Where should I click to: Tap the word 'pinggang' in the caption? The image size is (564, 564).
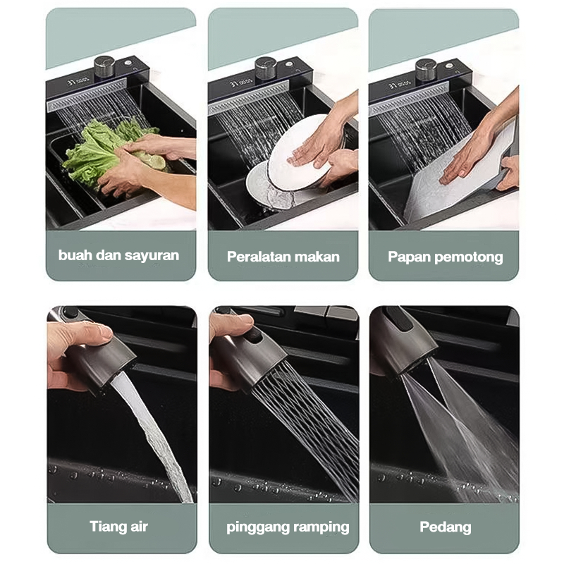click(257, 527)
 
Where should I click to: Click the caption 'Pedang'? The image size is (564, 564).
click(446, 527)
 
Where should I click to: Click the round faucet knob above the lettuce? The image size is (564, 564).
click(104, 66)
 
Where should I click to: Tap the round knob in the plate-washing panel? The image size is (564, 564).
click(266, 68)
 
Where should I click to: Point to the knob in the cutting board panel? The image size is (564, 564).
click(427, 69)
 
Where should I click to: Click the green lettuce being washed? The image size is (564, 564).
click(108, 153)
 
